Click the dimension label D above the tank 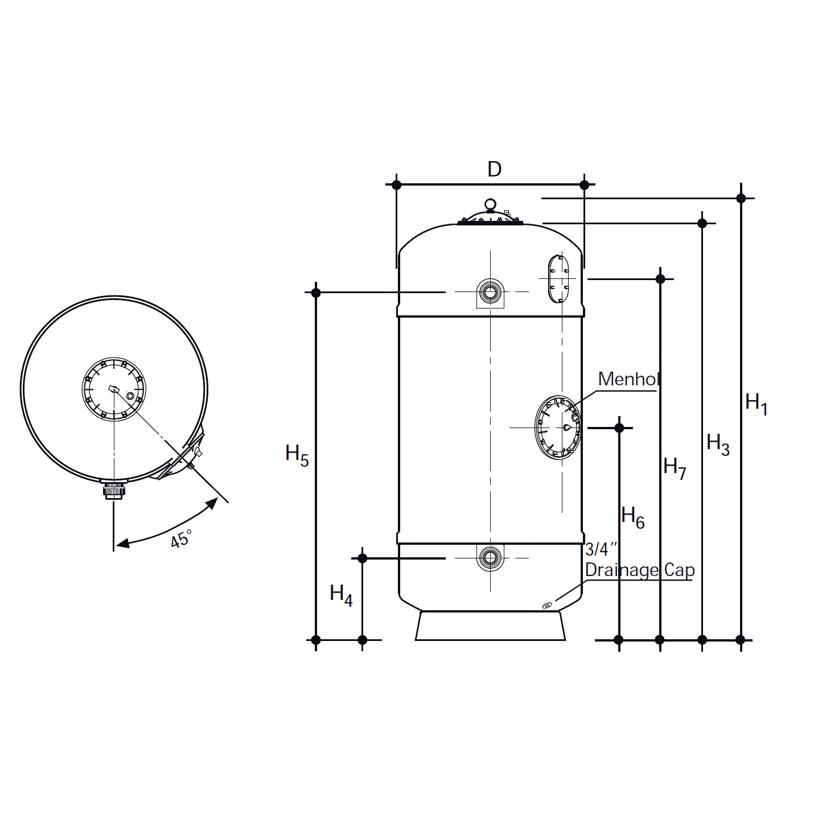tap(494, 170)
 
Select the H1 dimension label tap(756, 404)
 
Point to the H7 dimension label tap(675, 468)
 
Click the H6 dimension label tap(632, 517)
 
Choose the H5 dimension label tap(297, 455)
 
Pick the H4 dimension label tap(341, 595)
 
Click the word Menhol tap(628, 379)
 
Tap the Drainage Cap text tap(640, 570)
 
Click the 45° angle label tap(181, 539)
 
